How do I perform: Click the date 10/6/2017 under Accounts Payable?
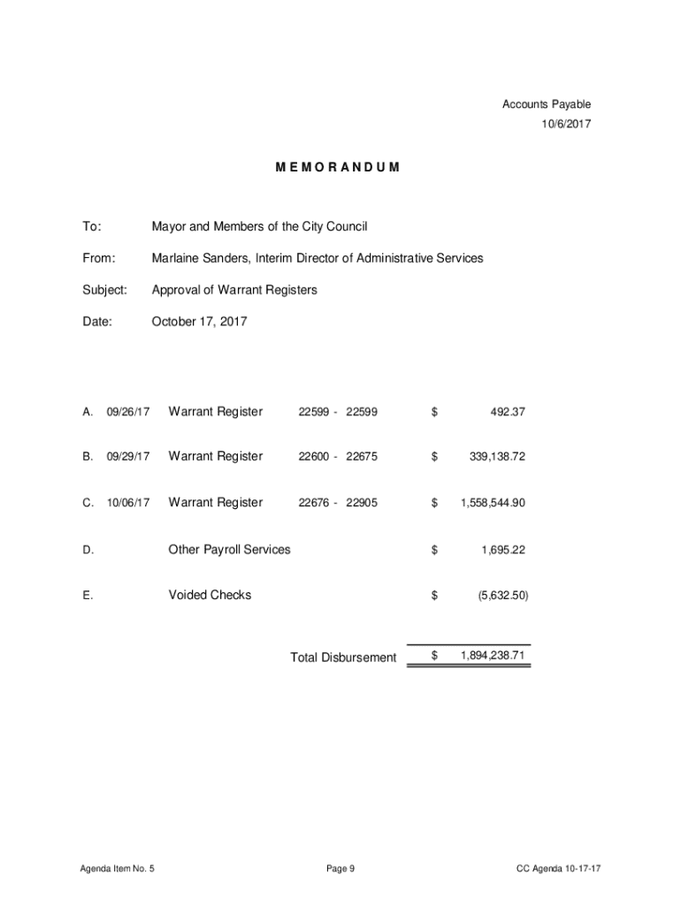566,124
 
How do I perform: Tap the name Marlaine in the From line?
175,258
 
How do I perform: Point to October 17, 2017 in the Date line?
200,322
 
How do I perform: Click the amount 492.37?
507,412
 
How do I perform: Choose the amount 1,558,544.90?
493,503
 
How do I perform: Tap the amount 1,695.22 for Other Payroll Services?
503,550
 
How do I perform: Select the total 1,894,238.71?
493,656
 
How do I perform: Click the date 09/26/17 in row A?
128,412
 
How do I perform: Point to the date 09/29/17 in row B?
128,457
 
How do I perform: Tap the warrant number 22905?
362,503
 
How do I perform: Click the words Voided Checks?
210,595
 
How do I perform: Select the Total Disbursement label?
343,658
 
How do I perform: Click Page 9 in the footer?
340,869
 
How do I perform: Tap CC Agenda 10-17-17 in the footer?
559,869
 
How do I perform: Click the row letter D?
88,550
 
